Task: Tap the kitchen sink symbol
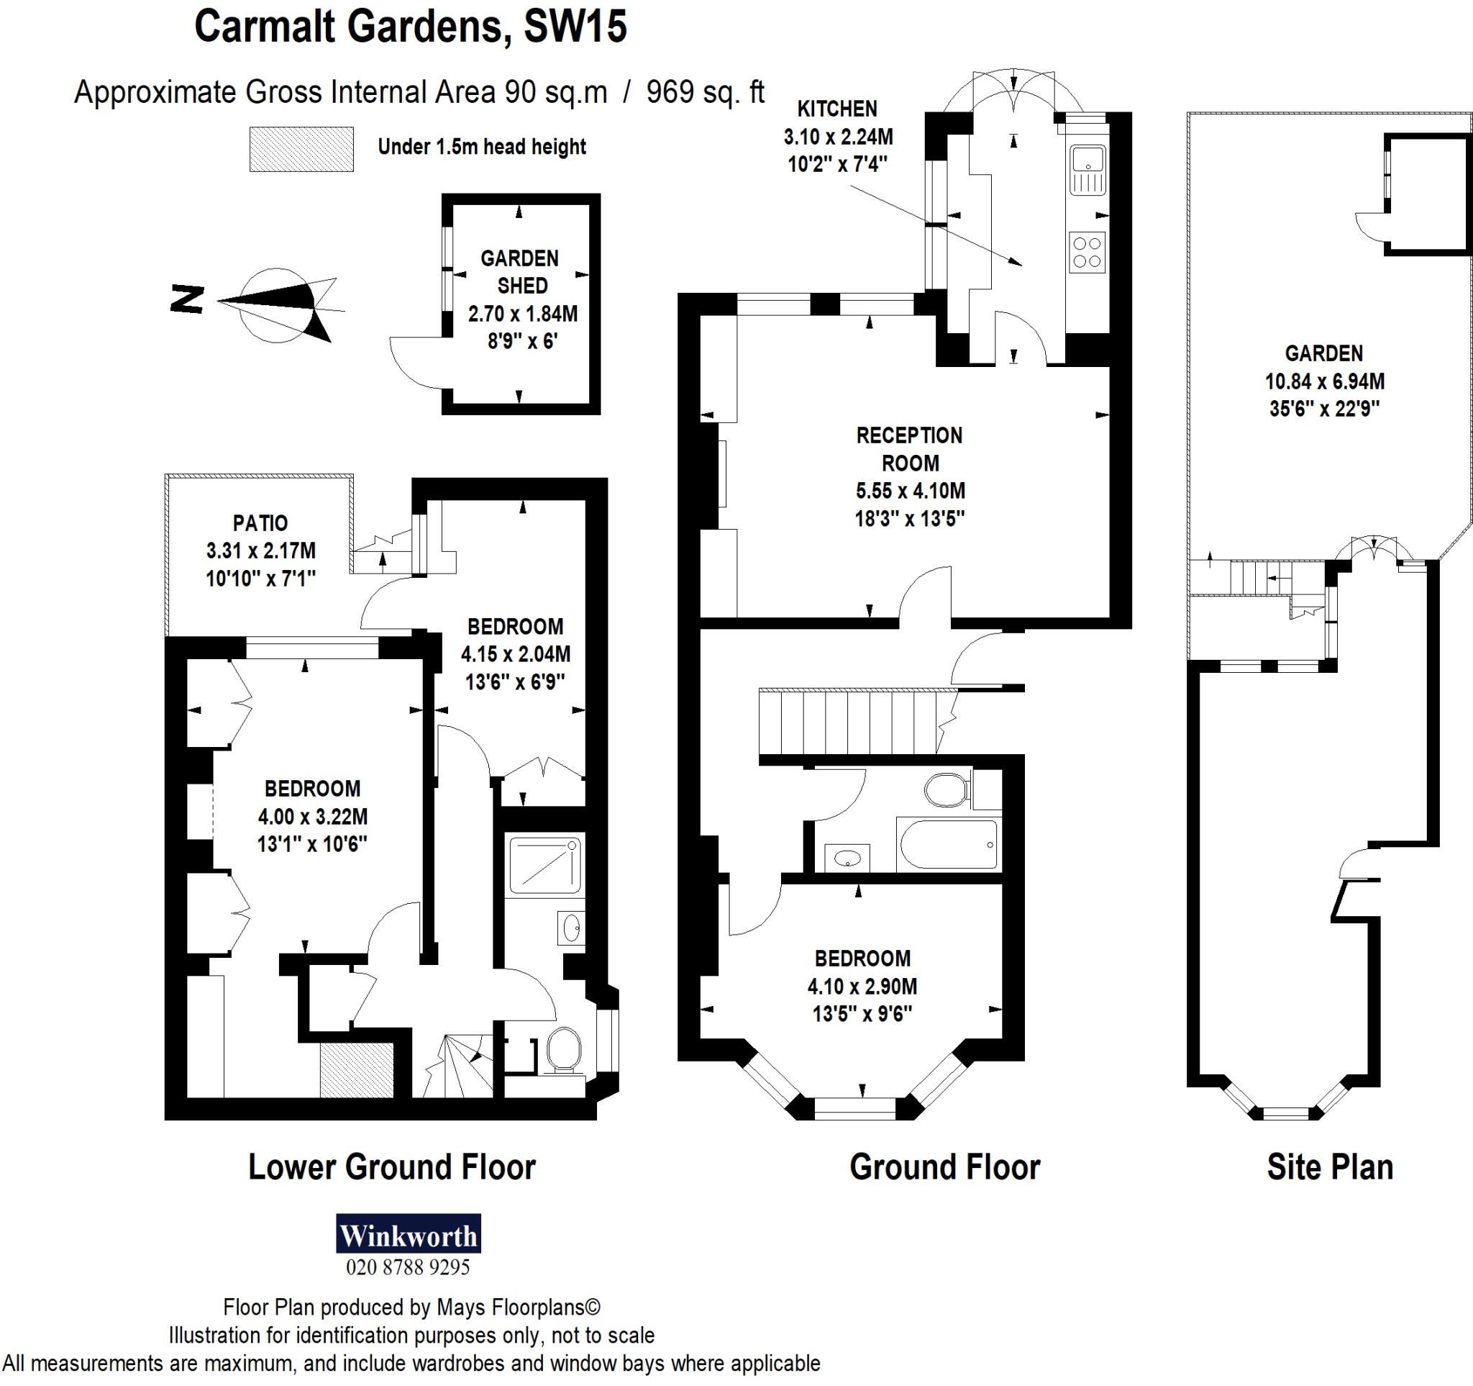(1087, 170)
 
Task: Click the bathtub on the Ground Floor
(948, 844)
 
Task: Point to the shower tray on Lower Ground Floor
(545, 864)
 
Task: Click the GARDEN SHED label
(519, 272)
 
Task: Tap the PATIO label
(260, 523)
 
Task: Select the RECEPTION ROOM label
(910, 449)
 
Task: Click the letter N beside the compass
(187, 299)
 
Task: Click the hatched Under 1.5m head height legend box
(301, 149)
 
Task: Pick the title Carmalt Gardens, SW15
(410, 27)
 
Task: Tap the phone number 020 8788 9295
(409, 1268)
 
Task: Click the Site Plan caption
(1330, 1167)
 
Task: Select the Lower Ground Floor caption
(391, 1167)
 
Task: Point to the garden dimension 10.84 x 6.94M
(1324, 381)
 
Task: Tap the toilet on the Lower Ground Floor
(564, 1048)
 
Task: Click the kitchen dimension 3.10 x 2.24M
(838, 137)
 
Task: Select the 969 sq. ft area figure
(706, 93)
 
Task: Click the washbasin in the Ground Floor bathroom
(847, 859)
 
